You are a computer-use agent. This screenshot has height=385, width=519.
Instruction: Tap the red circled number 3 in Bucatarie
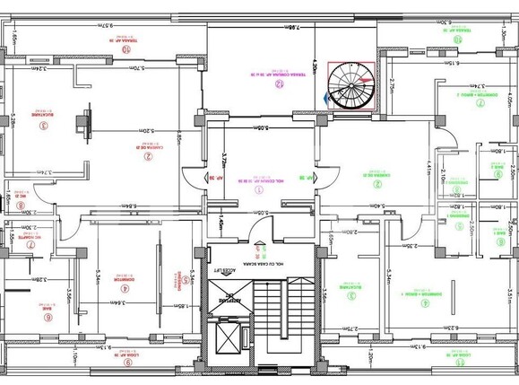[x=43, y=126]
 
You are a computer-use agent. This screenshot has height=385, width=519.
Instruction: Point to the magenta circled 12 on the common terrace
[x=279, y=85]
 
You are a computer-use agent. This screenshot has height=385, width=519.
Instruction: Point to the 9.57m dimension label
[x=106, y=25]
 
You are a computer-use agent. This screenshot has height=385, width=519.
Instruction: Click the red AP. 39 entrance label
[x=214, y=179]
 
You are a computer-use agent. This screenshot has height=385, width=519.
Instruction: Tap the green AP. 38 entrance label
[x=307, y=179]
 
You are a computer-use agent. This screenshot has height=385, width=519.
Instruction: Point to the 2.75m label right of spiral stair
[x=392, y=89]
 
